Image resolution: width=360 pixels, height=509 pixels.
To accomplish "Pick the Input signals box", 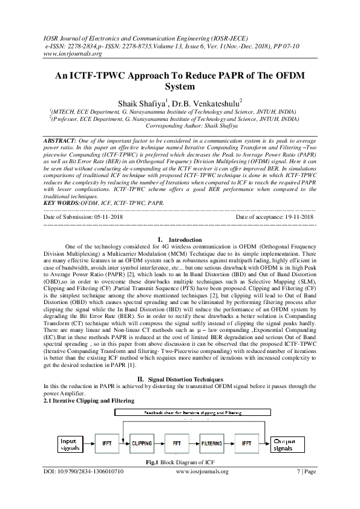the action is pos(71,444).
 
